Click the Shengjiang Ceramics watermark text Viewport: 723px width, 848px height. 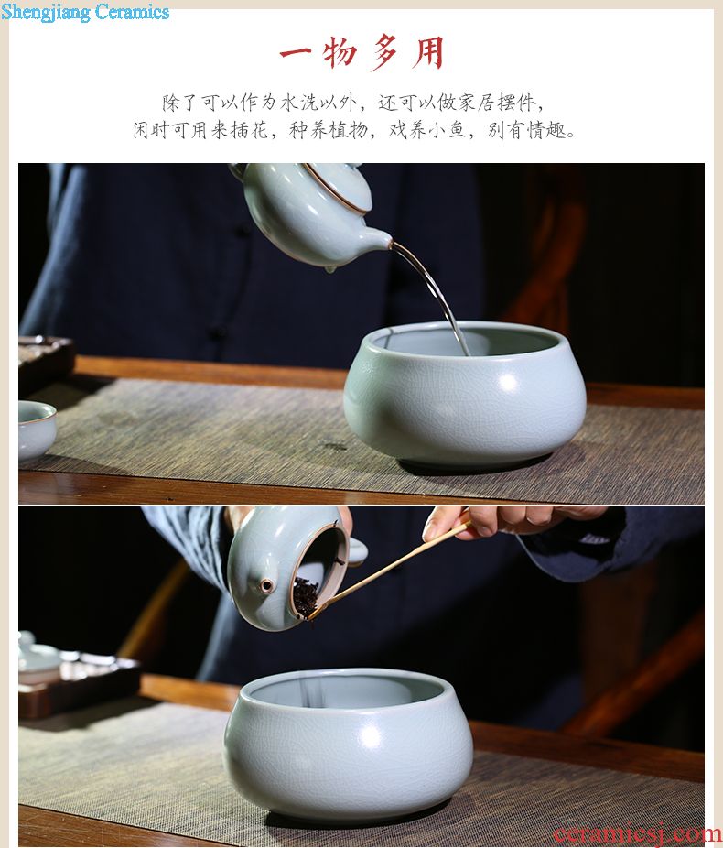pos(85,12)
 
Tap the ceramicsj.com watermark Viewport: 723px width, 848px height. pos(637,833)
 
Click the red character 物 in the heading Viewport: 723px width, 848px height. pos(340,52)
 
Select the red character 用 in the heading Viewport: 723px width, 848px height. pos(428,52)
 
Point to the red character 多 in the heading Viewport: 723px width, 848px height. pos(384,52)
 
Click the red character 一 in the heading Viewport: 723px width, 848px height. pos(296,52)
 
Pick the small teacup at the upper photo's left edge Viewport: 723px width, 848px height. pos(36,430)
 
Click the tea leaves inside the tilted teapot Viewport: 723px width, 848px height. pos(307,597)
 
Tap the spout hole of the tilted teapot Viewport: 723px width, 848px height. pos(266,585)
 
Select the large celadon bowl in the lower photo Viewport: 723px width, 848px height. pos(349,744)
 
